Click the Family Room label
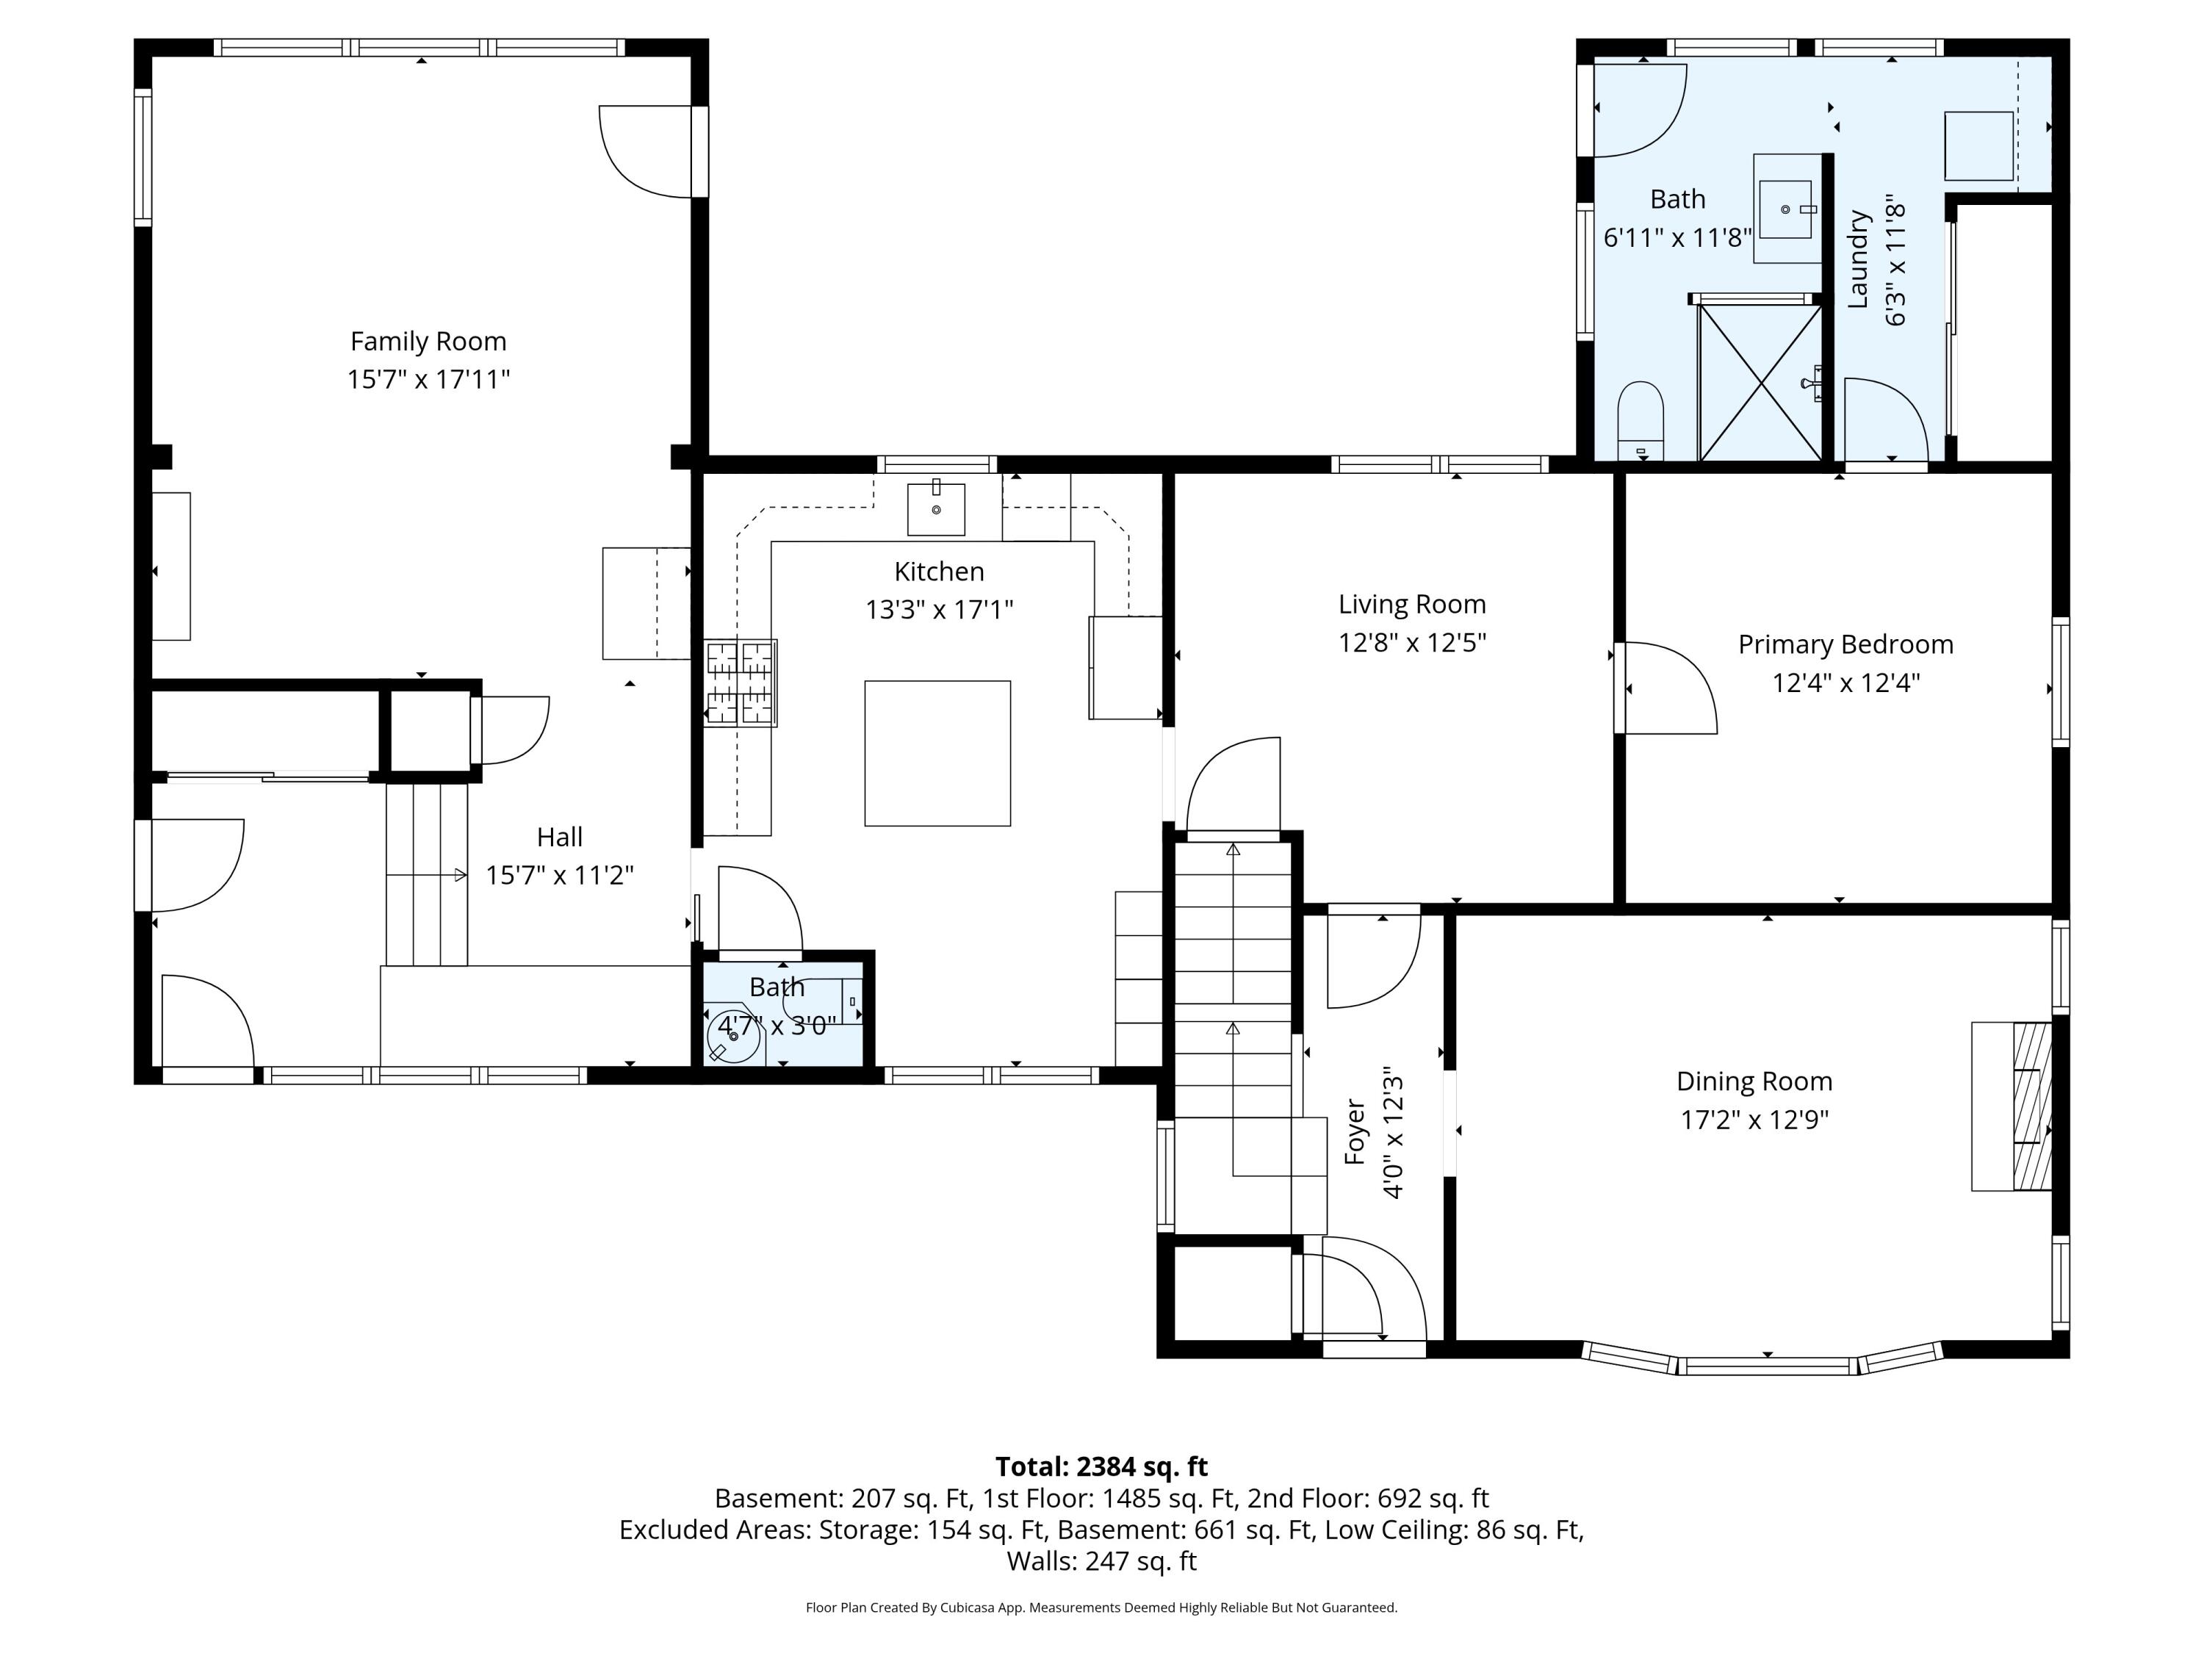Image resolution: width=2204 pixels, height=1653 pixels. [428, 342]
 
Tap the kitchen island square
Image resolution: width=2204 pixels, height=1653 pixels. [937, 753]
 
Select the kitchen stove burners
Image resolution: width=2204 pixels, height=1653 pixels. [741, 683]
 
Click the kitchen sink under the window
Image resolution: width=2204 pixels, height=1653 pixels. [936, 509]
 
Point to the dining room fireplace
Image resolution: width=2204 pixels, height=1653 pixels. [2012, 1106]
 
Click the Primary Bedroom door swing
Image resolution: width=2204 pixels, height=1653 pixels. [1666, 688]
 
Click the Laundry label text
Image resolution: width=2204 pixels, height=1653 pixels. [1857, 259]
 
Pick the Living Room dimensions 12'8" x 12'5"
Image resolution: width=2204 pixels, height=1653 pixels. [1412, 643]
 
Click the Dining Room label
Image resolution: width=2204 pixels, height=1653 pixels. [1754, 1081]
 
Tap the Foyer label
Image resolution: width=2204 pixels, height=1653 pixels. [1354, 1132]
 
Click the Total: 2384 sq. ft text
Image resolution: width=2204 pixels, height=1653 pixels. [1101, 1466]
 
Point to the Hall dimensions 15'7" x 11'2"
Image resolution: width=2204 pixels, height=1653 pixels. [559, 875]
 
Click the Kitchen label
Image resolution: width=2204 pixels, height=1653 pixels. [939, 571]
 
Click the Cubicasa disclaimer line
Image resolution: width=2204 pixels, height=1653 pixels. [1101, 1607]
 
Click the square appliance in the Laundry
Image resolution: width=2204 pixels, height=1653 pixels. [1978, 145]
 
